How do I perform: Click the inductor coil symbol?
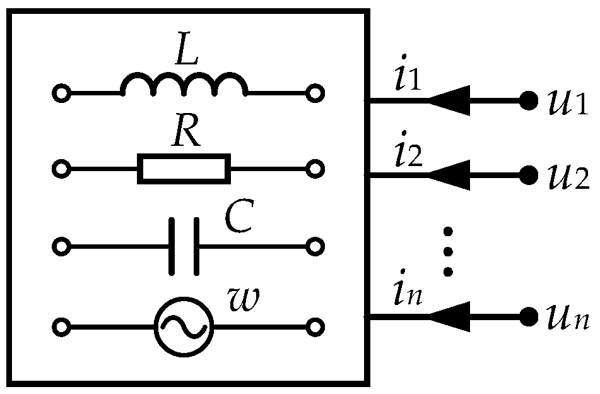183,85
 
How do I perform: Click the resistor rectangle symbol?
184,169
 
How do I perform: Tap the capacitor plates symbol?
184,246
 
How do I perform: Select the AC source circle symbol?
184,327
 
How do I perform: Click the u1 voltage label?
568,102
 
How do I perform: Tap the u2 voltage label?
568,176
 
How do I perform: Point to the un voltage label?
568,316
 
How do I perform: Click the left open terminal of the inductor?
61,94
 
